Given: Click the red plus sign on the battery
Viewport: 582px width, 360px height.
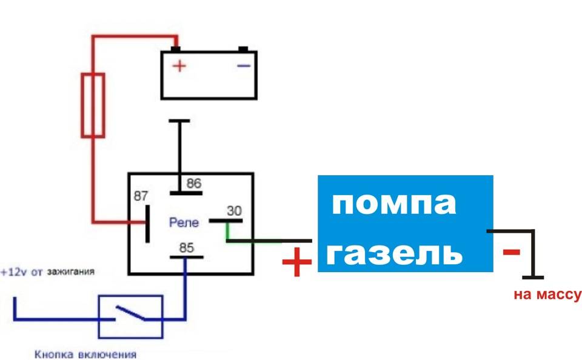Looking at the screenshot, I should pos(179,65).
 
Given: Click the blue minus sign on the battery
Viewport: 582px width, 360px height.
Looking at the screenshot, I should pos(243,65).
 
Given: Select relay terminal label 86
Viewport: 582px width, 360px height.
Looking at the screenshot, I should pos(193,183).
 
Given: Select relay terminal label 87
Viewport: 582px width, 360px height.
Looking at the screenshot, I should pos(141,196).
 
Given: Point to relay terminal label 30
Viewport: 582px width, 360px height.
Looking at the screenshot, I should pos(233,211).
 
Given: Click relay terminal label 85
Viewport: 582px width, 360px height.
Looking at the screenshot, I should pos(186,248).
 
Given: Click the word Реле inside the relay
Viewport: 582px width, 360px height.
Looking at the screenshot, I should pos(184,223).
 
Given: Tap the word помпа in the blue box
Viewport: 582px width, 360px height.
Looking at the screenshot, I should pos(393,204).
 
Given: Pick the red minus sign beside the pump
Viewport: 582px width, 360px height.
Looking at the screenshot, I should pos(512,252).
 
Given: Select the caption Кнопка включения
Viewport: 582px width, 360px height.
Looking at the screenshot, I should pos(85,355).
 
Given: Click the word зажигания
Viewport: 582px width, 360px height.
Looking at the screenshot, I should pos(71,272).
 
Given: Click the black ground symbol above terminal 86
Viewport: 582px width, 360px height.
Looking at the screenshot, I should pos(179,121).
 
